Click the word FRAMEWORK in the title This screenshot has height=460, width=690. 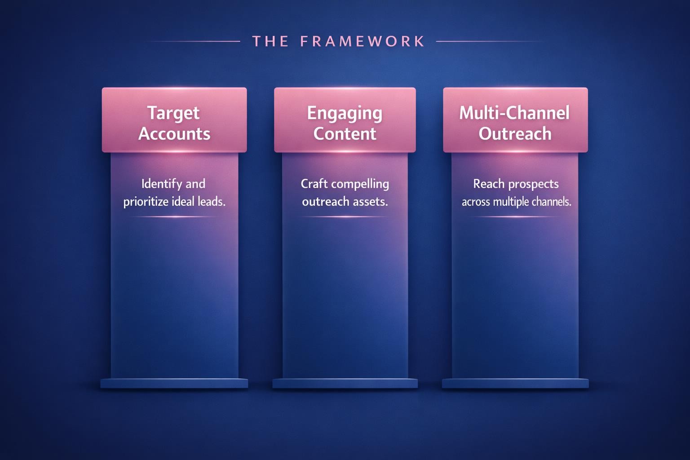coord(363,41)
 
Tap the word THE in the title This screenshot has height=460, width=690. coord(270,41)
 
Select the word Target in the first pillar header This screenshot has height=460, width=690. coord(174,113)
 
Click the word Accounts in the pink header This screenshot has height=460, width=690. coord(174,134)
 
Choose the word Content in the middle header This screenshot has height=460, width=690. coord(345,134)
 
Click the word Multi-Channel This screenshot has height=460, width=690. coord(514,113)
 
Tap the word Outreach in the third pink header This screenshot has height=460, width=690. coord(515,134)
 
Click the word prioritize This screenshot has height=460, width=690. coord(146,202)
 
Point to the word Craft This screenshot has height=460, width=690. coord(314,184)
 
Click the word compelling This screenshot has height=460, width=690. coord(360,184)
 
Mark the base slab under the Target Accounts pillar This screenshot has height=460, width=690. coord(174,383)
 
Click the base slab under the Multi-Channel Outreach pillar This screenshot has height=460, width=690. coord(515,383)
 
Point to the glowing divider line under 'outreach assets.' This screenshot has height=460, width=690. coord(345,217)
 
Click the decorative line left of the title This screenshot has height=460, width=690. coord(194,41)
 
